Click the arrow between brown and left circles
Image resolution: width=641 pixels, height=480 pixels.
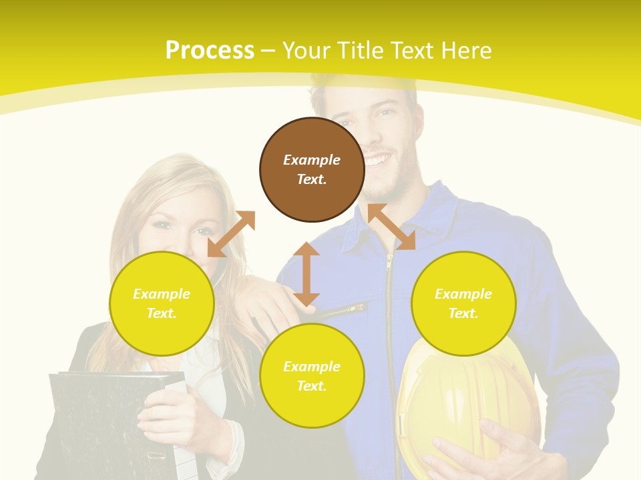(x=231, y=233)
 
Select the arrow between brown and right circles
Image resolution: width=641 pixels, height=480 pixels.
(x=391, y=227)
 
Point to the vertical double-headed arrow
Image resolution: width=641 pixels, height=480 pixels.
(x=306, y=274)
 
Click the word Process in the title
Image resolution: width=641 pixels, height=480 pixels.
(x=210, y=50)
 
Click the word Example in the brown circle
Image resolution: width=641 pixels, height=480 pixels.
(x=312, y=160)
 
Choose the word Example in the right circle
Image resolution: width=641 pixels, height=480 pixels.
(x=463, y=294)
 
